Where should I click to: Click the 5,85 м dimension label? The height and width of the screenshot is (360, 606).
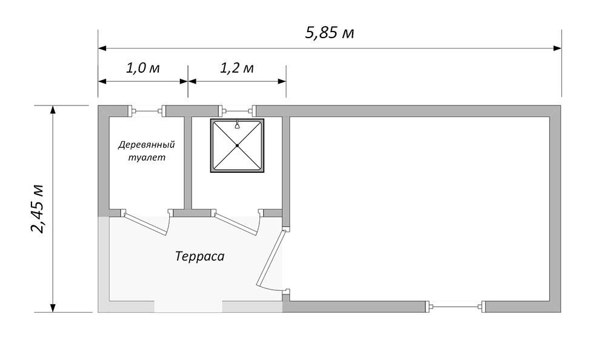click(329, 33)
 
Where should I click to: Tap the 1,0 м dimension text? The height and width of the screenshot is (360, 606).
click(142, 68)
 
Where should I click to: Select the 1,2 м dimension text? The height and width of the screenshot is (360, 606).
click(236, 68)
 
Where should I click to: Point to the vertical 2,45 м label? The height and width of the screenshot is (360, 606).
click(38, 209)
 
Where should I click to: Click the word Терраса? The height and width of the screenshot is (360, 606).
click(199, 256)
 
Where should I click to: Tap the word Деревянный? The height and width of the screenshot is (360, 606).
click(147, 145)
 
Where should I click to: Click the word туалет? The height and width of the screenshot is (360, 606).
click(147, 158)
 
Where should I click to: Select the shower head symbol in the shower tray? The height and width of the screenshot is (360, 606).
click(237, 124)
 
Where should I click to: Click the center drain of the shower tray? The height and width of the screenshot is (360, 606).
click(237, 145)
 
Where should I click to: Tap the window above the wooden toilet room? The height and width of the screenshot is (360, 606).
click(147, 112)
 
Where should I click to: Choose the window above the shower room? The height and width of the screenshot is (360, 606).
click(238, 112)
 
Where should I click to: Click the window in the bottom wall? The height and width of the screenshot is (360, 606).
click(456, 307)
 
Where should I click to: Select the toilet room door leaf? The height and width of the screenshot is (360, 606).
click(145, 224)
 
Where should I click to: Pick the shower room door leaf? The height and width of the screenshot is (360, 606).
click(236, 224)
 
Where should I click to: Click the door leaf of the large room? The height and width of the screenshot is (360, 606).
click(272, 258)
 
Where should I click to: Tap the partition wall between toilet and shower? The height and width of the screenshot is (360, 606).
click(187, 163)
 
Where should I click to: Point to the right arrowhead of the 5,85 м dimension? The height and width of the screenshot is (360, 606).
click(558, 48)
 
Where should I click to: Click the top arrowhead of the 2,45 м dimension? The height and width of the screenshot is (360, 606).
click(53, 110)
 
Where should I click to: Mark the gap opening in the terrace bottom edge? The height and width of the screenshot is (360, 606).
click(188, 307)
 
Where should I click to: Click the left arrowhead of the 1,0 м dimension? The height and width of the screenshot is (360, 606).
click(102, 81)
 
